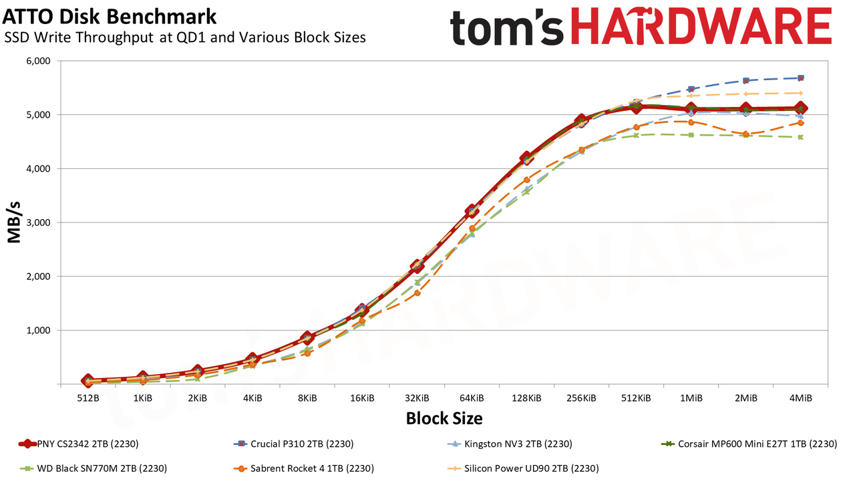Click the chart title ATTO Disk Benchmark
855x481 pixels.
110,17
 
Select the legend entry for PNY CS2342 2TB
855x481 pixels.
79,444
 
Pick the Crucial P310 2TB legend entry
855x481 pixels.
293,444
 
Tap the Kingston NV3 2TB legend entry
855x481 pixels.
510,444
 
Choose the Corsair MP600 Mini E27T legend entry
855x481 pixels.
749,444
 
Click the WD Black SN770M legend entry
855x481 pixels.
93,468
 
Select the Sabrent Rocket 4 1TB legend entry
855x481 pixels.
304,468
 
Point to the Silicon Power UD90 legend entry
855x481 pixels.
523,468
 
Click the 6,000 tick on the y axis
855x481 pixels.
38,61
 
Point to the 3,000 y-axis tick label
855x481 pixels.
38,222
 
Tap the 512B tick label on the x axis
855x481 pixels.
88,398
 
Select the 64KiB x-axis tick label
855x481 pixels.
472,398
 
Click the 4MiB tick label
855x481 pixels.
800,398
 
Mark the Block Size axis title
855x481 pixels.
444,418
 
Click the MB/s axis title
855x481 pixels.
14,222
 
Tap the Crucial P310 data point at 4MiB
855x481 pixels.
800,78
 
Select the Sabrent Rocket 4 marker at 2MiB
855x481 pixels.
745,134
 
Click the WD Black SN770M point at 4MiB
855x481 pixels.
800,137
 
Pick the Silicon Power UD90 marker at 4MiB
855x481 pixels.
800,93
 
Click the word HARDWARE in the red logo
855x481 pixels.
701,26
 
